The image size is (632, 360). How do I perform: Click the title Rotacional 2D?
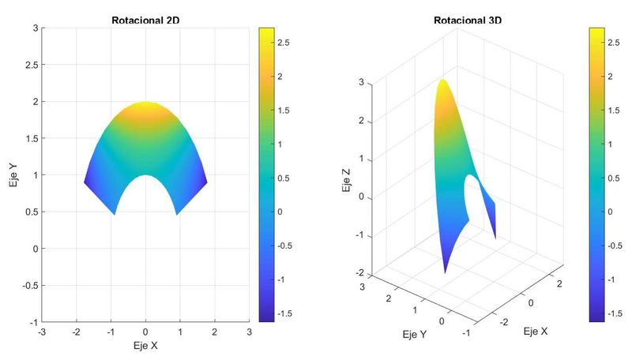[145, 19]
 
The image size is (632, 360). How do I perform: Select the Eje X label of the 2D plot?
[145, 345]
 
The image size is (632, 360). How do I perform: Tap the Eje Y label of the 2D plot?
[11, 174]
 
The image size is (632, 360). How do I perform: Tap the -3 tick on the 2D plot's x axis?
[42, 332]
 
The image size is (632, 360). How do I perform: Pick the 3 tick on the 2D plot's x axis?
[249, 332]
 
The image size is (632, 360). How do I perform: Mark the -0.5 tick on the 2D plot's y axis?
[29, 285]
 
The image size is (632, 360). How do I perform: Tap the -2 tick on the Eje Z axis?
[359, 273]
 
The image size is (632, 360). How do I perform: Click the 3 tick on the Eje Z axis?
[361, 82]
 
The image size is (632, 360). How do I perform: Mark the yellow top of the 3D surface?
[443, 85]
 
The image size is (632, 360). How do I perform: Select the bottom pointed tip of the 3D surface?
[445, 271]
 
